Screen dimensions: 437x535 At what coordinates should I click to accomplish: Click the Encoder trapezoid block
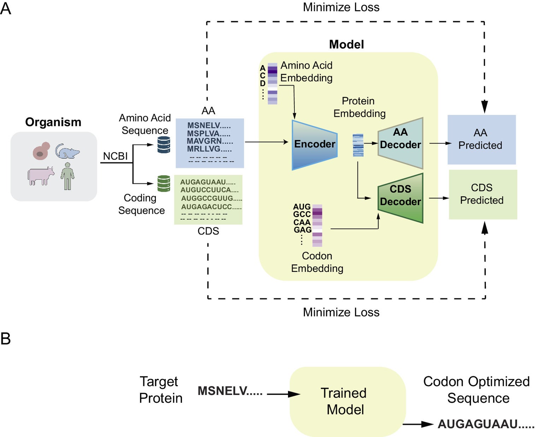click(314, 145)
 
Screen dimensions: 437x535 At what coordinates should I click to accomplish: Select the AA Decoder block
click(400, 143)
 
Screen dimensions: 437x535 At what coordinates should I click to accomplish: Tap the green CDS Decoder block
click(400, 198)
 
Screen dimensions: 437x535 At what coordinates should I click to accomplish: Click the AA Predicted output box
click(481, 139)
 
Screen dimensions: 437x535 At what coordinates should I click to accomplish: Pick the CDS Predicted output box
click(483, 194)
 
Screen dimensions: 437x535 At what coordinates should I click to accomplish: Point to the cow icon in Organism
click(41, 176)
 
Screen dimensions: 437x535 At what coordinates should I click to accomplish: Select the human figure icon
click(67, 176)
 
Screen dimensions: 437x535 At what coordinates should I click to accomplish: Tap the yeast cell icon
click(41, 151)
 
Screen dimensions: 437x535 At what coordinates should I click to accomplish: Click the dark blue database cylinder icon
click(164, 144)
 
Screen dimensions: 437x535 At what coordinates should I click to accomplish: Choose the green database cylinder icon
click(164, 183)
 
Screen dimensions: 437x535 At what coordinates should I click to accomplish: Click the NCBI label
click(115, 156)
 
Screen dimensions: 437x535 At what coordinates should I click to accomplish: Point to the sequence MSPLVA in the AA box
click(208, 133)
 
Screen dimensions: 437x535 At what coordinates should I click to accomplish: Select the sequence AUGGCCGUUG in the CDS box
click(211, 198)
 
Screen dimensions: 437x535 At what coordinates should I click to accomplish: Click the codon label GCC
click(302, 214)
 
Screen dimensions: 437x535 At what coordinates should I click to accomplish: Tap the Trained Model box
click(347, 401)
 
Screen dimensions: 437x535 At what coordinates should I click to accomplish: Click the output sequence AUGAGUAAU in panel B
click(486, 424)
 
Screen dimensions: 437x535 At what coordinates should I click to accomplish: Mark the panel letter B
click(6, 338)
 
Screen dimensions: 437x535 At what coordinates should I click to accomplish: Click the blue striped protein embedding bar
click(358, 145)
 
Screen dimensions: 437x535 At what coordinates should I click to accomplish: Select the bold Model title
click(346, 45)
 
